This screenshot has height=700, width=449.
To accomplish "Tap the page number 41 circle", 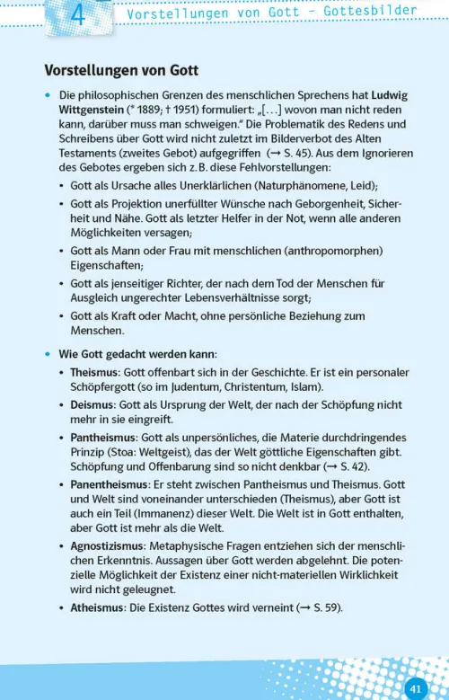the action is pos(415,687).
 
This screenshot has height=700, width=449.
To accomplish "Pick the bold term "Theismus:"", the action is pos(96,372).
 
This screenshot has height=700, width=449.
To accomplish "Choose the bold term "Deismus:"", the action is pos(93,404).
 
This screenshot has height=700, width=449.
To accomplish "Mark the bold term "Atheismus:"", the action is pos(97,607).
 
